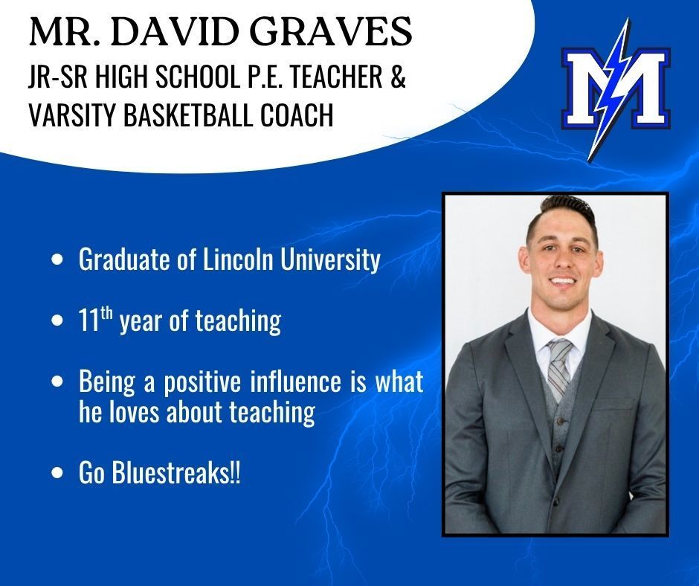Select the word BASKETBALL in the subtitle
(202, 117)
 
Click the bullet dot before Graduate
(58, 261)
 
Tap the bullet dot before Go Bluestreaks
(58, 476)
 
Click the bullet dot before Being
(58, 383)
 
